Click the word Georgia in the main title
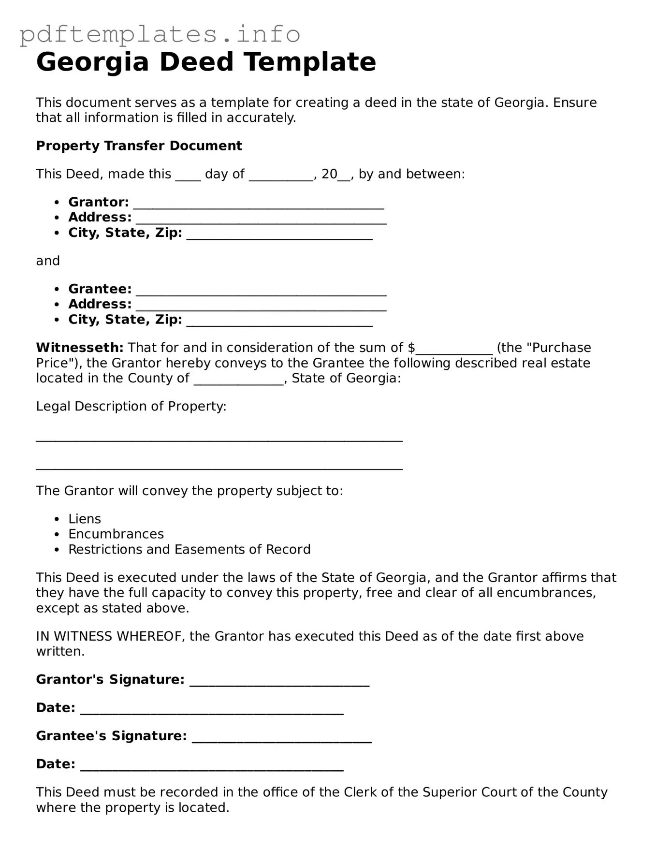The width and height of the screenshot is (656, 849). click(x=92, y=62)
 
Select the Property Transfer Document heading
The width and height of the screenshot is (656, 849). click(x=139, y=146)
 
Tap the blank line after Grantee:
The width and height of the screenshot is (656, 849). click(x=261, y=291)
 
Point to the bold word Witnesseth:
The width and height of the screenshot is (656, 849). click(x=80, y=348)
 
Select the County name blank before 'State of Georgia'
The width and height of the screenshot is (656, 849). click(x=239, y=380)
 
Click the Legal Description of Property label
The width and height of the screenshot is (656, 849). click(x=131, y=406)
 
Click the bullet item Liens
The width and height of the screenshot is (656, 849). click(x=85, y=519)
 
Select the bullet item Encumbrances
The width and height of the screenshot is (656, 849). click(x=116, y=534)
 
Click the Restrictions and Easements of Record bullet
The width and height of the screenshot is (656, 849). click(x=189, y=550)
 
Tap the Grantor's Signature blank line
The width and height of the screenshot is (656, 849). click(x=279, y=681)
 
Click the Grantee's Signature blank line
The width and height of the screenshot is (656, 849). click(x=281, y=737)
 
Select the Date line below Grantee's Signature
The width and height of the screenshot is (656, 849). click(x=212, y=765)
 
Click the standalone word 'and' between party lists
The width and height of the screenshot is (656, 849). click(x=48, y=261)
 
